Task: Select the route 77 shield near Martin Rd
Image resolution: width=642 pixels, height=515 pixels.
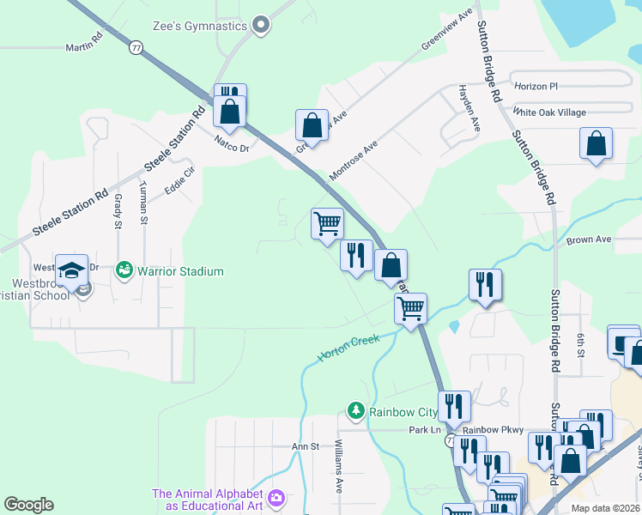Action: pyautogui.click(x=136, y=48)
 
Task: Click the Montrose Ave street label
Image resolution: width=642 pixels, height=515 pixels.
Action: pyautogui.click(x=353, y=161)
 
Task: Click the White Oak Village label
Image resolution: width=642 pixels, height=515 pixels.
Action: pyautogui.click(x=548, y=112)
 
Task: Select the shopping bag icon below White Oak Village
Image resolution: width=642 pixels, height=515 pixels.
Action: pyautogui.click(x=596, y=144)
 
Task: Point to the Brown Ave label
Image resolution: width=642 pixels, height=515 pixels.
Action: pyautogui.click(x=588, y=239)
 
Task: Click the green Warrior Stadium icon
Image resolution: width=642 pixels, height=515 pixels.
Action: pyautogui.click(x=124, y=271)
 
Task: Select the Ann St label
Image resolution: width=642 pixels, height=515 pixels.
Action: pyautogui.click(x=305, y=446)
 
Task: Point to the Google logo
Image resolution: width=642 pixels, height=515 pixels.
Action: pyautogui.click(x=28, y=505)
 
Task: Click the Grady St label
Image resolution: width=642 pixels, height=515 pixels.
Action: pyautogui.click(x=118, y=211)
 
